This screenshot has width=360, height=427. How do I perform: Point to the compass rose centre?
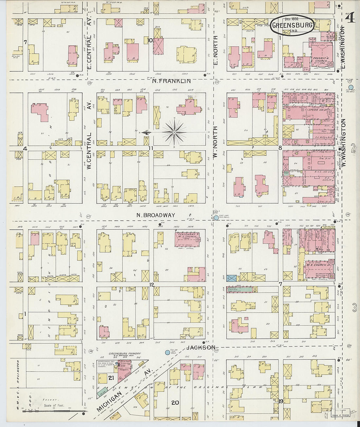click(175, 132)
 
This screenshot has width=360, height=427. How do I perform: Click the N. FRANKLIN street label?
click(172, 81)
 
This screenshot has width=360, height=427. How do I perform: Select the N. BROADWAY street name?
click(156, 215)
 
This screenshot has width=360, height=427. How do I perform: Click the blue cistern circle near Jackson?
click(167, 352)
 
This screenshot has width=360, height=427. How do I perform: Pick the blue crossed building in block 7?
click(232, 278)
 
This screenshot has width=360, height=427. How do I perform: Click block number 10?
click(150, 40)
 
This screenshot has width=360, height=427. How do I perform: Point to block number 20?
click(175, 402)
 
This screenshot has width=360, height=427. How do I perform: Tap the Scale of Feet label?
click(53, 405)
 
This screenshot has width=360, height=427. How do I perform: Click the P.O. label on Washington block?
click(329, 95)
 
